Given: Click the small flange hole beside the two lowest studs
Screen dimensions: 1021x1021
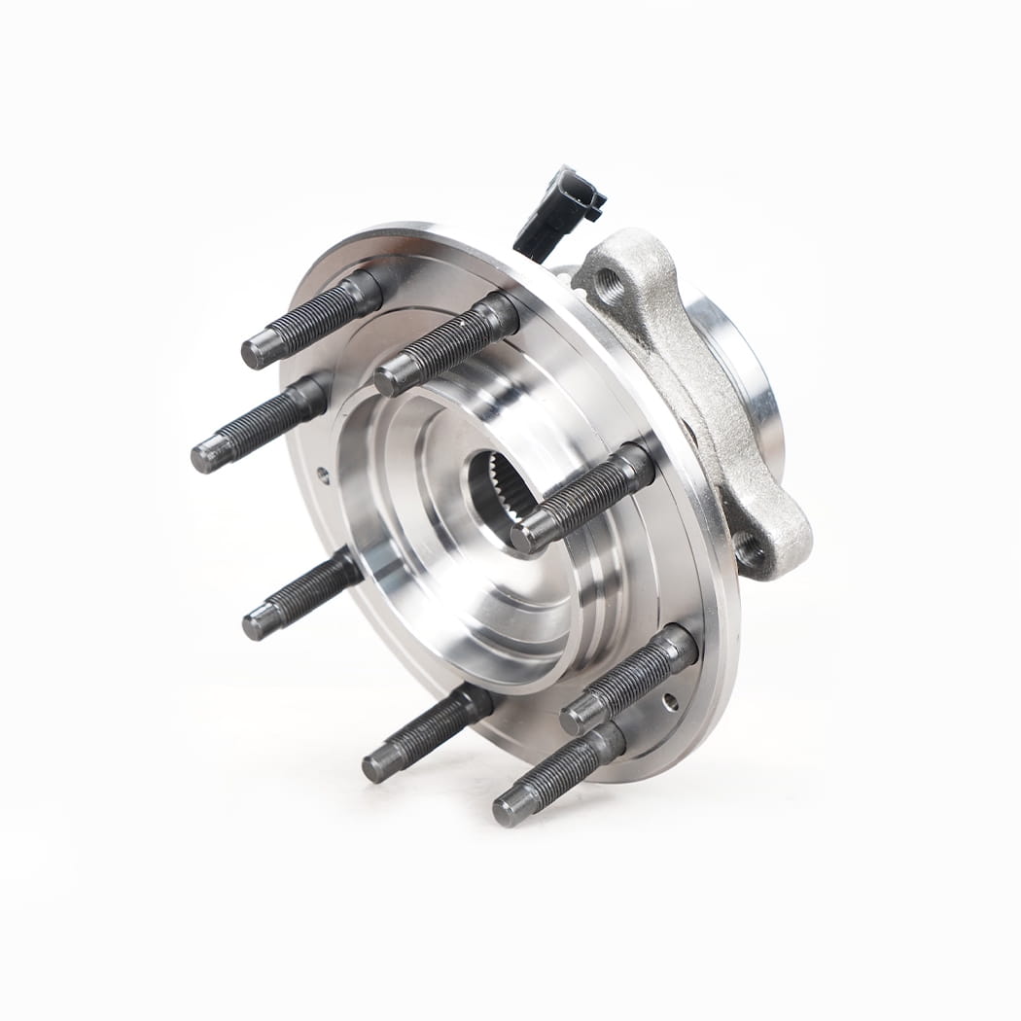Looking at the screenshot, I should [x=667, y=699].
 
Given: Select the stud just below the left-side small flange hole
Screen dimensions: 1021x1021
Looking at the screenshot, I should [x=301, y=593].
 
